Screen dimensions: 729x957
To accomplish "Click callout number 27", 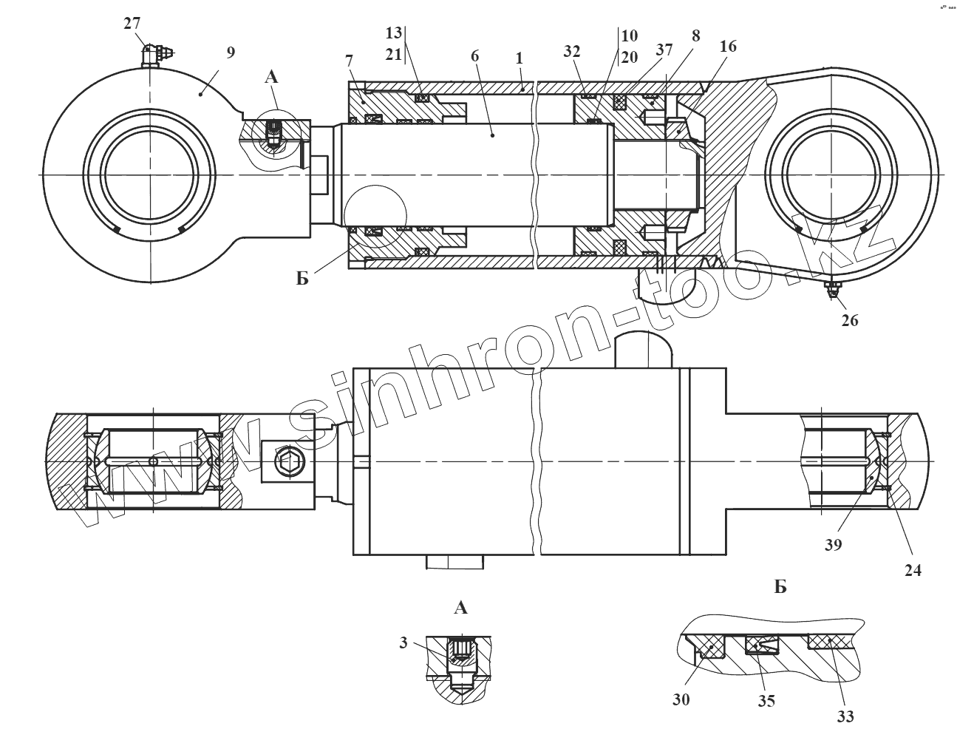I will [132, 23].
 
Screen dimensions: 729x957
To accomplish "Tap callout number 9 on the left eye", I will [231, 52].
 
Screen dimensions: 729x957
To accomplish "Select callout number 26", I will [850, 321].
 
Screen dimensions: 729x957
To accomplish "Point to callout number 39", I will [834, 545].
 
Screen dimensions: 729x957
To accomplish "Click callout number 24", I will [913, 570].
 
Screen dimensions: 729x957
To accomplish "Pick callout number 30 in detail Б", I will [681, 699].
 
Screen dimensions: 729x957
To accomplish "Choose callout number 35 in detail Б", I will [766, 701].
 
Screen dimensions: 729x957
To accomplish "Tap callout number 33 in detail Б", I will [845, 716].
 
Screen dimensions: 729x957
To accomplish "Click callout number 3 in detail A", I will [403, 643].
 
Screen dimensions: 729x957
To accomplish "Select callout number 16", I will [728, 46].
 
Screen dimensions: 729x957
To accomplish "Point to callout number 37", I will [664, 50].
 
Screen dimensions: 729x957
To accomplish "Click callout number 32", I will [571, 51].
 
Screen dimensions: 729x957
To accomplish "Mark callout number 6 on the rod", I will [474, 55].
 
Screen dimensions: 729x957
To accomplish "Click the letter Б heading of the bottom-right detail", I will [780, 588].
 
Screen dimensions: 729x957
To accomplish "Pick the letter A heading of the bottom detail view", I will [460, 608].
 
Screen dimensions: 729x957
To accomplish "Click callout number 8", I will [695, 35].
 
